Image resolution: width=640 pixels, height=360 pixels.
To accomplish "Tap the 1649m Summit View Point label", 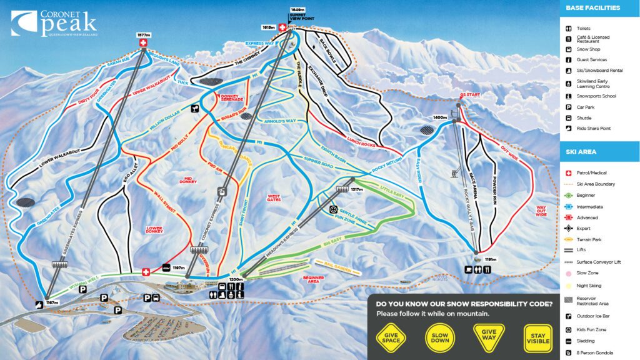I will point(298,14).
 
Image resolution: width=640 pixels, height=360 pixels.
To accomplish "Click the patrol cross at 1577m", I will point(142,43).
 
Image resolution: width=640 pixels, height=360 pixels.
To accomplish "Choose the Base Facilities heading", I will point(592,8).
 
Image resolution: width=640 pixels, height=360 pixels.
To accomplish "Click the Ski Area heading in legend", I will point(581,152).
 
